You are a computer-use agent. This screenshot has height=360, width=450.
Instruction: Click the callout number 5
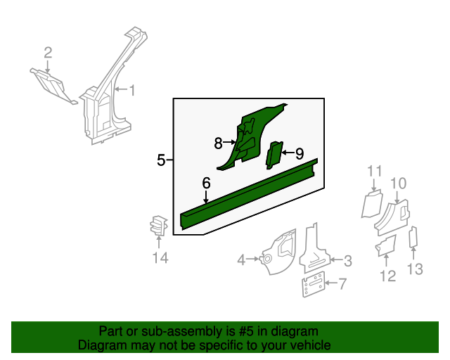161,160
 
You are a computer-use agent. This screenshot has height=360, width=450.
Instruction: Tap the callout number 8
219,143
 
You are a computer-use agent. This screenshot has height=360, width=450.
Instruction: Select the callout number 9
300,153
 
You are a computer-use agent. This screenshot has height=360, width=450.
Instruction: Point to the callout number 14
160,257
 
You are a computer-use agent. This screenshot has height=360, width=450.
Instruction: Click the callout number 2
48,53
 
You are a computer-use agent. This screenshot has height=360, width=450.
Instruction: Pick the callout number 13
415,269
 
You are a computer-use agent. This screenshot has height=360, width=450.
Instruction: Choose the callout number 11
375,172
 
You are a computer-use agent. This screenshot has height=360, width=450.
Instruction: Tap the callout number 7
342,283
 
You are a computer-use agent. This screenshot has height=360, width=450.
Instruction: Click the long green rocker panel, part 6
249,194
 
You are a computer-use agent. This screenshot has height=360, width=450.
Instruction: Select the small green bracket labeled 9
275,155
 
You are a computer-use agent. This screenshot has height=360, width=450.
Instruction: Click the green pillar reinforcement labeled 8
250,138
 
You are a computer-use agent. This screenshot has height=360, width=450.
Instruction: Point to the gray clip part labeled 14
158,226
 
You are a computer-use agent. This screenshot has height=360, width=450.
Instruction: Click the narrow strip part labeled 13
413,237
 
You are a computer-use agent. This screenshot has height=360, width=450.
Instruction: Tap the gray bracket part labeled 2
53,86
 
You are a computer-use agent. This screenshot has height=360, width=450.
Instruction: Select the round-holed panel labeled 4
278,252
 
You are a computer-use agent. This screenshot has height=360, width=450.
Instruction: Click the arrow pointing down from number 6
206,197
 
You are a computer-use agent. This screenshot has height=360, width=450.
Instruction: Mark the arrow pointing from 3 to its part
335,260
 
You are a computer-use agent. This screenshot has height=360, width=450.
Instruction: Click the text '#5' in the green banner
246,331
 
